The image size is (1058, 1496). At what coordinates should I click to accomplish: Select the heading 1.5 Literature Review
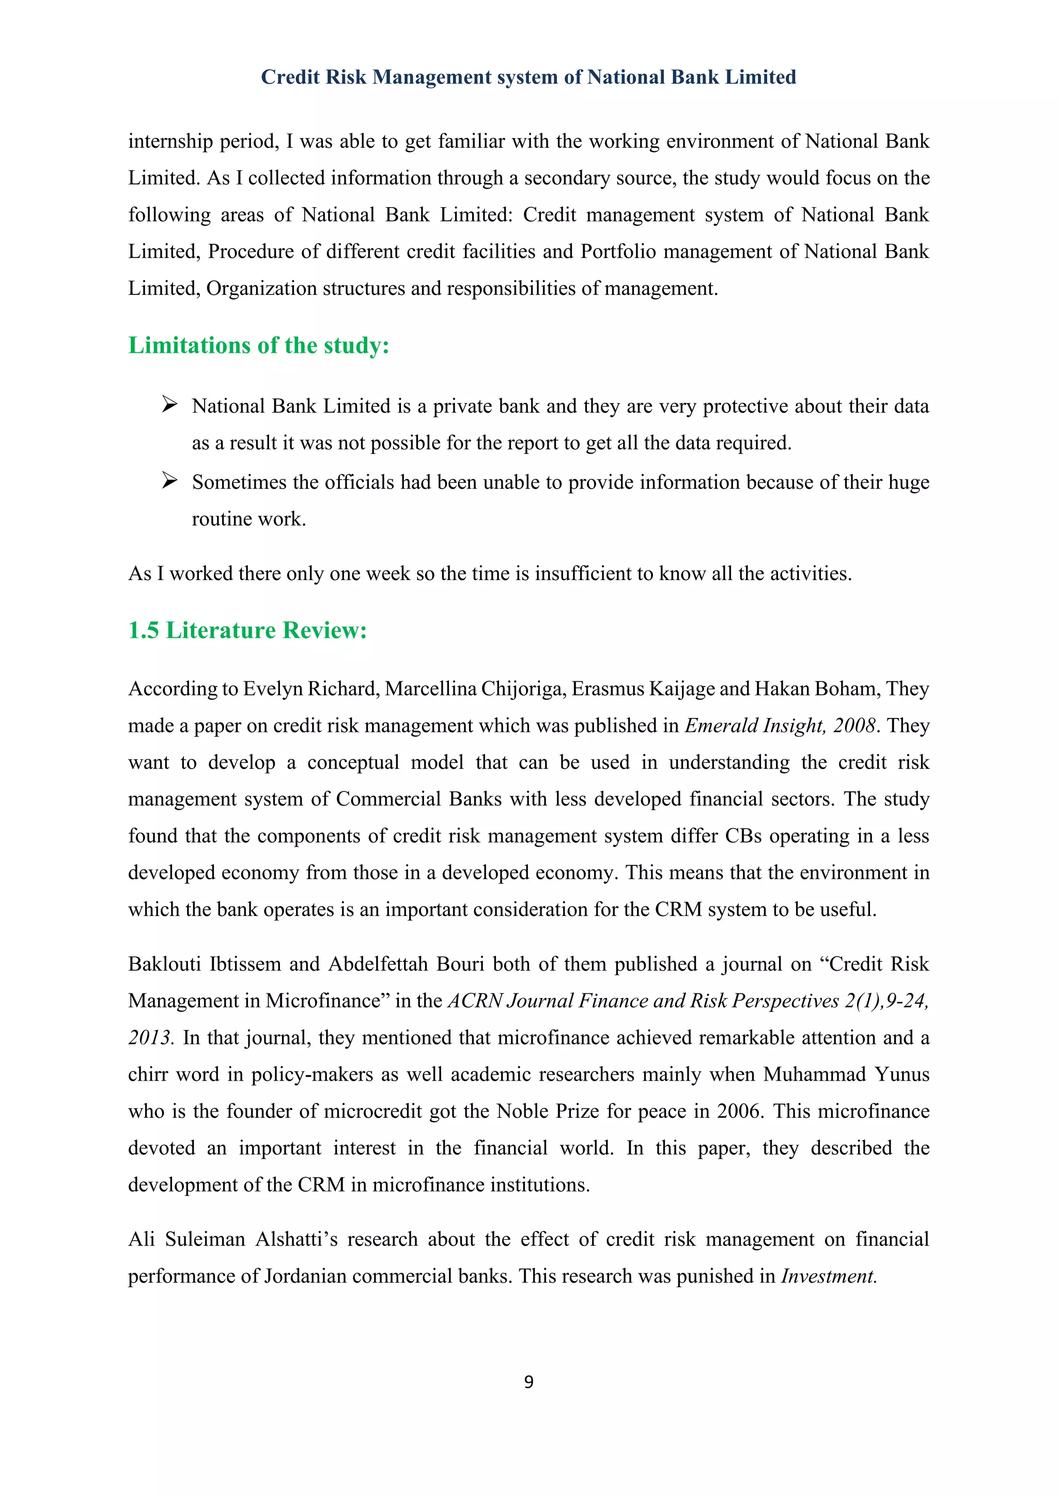tap(247, 630)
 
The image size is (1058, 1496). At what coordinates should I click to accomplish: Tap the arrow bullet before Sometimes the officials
tap(170, 481)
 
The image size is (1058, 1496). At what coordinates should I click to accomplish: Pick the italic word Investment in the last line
tap(829, 1276)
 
